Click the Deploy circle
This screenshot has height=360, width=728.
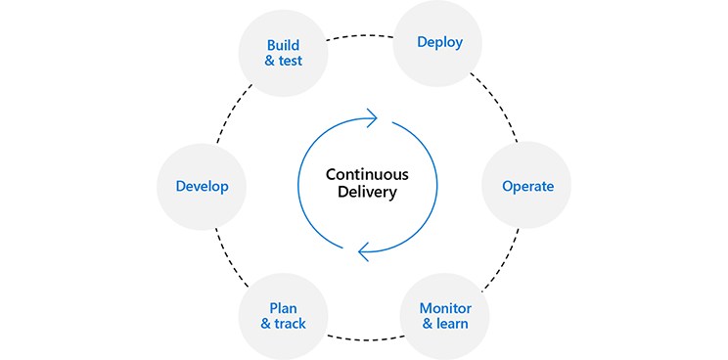439,42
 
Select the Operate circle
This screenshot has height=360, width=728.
527,186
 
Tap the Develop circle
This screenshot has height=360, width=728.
202,186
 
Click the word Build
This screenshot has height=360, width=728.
283,45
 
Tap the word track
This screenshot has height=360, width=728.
290,324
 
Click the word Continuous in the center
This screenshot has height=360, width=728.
367,174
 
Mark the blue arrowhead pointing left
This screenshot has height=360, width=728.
364,252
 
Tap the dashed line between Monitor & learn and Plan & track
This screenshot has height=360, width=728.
364,337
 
